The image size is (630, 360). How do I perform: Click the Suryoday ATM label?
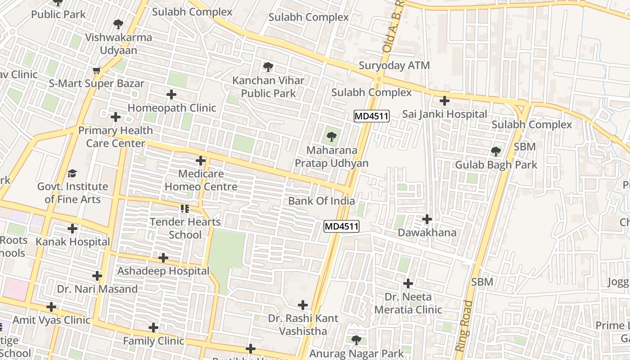[x=394, y=66]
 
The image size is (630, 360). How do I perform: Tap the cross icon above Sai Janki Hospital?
[x=445, y=101]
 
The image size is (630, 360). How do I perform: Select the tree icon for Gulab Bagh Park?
[x=496, y=152]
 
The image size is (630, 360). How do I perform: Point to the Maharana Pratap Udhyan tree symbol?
[x=332, y=136]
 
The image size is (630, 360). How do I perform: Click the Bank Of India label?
[x=321, y=201]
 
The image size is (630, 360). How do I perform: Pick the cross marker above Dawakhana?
[x=427, y=220]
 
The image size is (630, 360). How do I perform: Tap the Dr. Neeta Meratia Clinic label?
[x=408, y=303]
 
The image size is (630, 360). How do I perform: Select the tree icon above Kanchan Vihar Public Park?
[x=268, y=67]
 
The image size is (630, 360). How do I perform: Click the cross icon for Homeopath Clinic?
[x=171, y=94]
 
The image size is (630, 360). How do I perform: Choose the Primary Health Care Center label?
[x=116, y=137]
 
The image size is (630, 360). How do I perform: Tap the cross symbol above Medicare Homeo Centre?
[x=201, y=161]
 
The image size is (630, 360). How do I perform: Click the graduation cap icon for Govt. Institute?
[x=72, y=173]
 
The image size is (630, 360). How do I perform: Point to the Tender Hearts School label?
[x=185, y=228]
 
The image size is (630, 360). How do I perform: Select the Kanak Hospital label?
[x=72, y=242]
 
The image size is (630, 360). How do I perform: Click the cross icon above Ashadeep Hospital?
[x=163, y=258]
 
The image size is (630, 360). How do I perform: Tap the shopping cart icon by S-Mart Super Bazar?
[x=96, y=70]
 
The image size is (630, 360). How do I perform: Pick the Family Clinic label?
[x=153, y=341]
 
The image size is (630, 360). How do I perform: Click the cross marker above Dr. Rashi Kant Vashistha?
[x=303, y=306]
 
